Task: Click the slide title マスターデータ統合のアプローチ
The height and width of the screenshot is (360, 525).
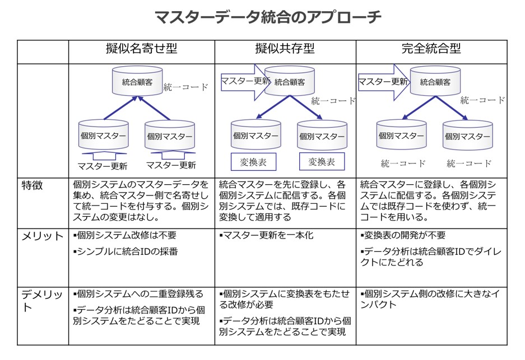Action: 268,17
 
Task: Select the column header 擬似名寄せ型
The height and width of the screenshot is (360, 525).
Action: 142,49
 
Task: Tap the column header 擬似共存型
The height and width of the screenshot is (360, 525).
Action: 285,49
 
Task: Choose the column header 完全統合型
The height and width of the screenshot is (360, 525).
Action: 431,49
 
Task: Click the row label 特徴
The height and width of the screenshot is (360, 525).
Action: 32,185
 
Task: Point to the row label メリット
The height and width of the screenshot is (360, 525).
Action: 43,236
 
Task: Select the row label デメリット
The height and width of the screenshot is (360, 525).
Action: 42,301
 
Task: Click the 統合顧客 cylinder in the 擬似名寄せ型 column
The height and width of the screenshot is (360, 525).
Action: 137,81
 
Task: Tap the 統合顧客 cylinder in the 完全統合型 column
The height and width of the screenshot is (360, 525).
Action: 435,81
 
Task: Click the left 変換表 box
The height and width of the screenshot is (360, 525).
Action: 253,162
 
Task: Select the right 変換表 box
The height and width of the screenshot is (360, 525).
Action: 322,162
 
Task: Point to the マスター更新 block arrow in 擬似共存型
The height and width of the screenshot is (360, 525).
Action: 245,82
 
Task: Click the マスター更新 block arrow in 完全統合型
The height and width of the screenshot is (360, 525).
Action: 384,82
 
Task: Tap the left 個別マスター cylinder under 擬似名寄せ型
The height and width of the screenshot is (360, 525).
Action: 104,135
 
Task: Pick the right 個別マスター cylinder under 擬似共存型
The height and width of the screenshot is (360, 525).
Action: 322,135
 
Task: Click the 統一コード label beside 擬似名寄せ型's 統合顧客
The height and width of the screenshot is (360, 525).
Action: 186,87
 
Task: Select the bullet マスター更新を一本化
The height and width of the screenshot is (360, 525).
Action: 266,236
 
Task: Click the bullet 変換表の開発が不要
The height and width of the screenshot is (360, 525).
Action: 403,236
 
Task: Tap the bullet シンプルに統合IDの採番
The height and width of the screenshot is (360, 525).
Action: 126,251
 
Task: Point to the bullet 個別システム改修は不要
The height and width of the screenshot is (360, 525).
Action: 124,236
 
